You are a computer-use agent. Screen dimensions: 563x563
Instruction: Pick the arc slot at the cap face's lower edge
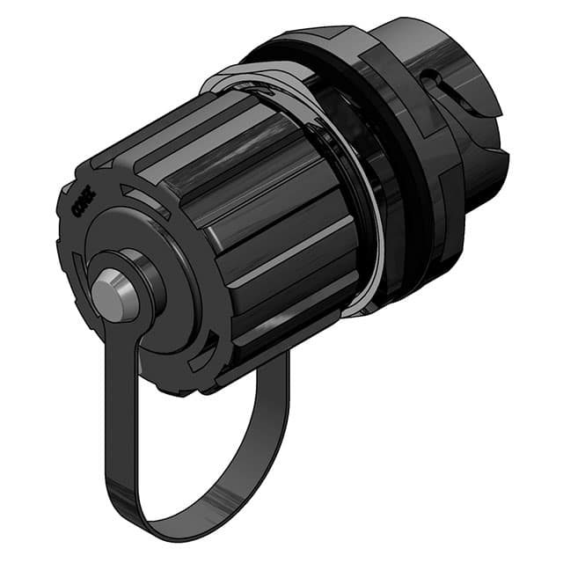[x=199, y=356]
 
